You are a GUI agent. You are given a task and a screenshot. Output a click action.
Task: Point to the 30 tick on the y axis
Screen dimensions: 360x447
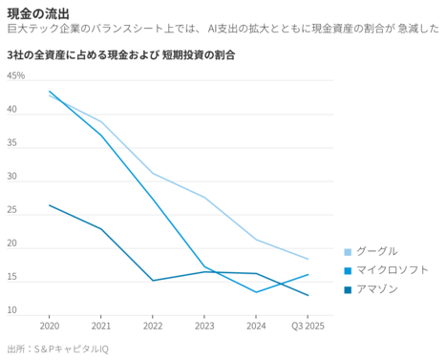(12, 177)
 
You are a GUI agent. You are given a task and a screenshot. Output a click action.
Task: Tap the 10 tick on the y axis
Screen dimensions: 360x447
(12, 310)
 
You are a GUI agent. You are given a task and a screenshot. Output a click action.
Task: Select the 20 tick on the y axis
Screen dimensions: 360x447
(12, 244)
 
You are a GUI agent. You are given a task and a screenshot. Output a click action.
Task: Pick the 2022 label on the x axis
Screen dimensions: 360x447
(153, 326)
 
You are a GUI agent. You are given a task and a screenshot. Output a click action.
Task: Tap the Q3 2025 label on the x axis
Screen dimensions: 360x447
(308, 326)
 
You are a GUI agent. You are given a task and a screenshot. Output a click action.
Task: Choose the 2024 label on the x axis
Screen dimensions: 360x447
(256, 326)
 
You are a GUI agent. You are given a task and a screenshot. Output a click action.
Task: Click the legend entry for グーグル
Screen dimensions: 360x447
(376, 251)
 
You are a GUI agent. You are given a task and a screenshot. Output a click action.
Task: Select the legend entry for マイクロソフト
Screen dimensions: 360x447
(390, 270)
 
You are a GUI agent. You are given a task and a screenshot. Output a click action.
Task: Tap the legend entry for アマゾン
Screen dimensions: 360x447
(376, 289)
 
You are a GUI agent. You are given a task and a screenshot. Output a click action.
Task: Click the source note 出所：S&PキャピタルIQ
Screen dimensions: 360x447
(57, 349)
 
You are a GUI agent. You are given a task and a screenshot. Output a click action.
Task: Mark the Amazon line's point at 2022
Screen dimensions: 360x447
(153, 281)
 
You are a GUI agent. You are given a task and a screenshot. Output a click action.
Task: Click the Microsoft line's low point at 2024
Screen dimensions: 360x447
(256, 292)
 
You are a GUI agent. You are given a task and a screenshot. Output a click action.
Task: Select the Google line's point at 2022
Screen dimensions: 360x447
(153, 174)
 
